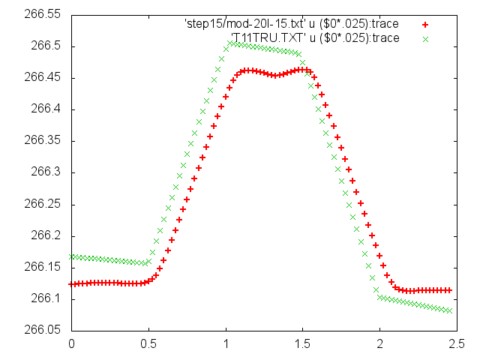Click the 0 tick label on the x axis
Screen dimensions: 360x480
coord(71,344)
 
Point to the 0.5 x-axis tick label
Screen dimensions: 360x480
coord(148,344)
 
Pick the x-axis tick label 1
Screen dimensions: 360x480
coord(226,344)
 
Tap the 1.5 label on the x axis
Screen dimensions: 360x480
coord(303,344)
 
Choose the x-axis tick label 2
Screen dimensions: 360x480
coord(380,344)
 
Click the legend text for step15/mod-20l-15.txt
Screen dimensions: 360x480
coord(292,24)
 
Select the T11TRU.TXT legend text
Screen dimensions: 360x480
coord(315,37)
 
